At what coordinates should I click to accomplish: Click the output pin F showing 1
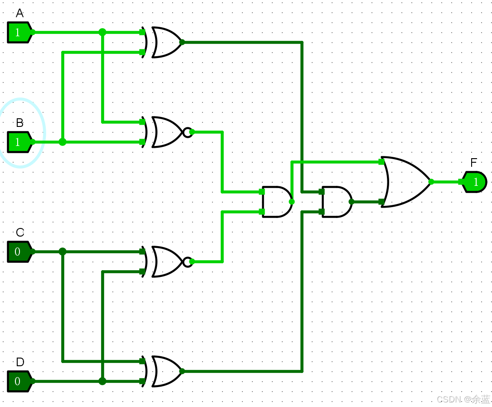click(475, 182)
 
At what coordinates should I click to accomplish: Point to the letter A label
click(19, 14)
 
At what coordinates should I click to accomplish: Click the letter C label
click(20, 233)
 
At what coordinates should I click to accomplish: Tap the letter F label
click(474, 163)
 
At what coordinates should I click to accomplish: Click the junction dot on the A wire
click(102, 32)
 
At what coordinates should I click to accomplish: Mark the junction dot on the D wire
click(102, 381)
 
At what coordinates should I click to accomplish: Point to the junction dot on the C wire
click(63, 252)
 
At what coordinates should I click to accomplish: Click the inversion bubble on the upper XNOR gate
click(187, 132)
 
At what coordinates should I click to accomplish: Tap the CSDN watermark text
click(463, 399)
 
